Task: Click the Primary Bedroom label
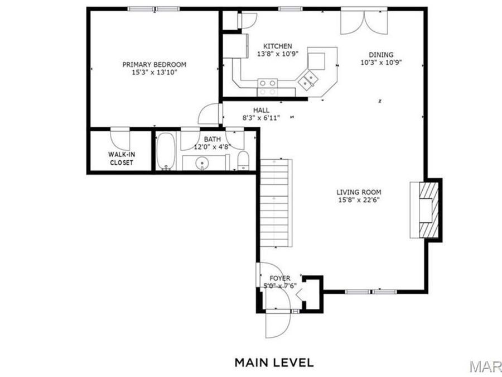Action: [x=154, y=64]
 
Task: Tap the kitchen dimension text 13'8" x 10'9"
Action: [x=278, y=54]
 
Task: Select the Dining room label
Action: [x=382, y=55]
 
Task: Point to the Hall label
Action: [x=261, y=110]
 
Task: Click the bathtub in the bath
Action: [x=165, y=151]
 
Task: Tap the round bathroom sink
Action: [x=202, y=163]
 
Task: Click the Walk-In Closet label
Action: [x=120, y=158]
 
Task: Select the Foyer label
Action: [x=279, y=278]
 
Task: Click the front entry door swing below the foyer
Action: [x=277, y=323]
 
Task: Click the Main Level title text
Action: [x=274, y=362]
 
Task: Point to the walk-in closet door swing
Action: [x=120, y=137]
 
